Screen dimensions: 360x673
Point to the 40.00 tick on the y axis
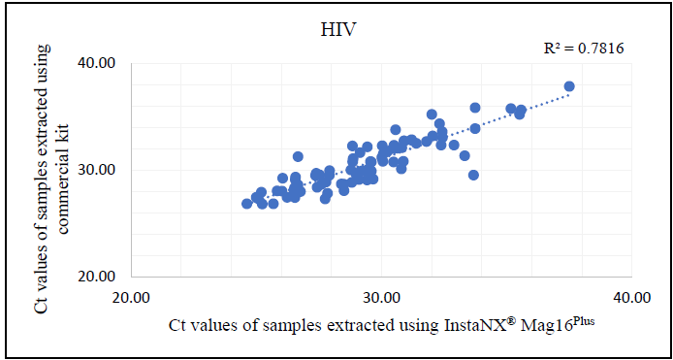(x=97, y=63)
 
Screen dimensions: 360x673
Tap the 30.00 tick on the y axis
(x=97, y=170)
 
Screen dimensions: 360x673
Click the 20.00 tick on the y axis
(x=97, y=277)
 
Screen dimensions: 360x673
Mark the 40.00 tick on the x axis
(x=630, y=297)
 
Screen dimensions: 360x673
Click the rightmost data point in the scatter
(x=569, y=86)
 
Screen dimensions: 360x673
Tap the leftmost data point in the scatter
(x=246, y=204)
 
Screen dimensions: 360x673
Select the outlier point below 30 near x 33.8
(x=473, y=175)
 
